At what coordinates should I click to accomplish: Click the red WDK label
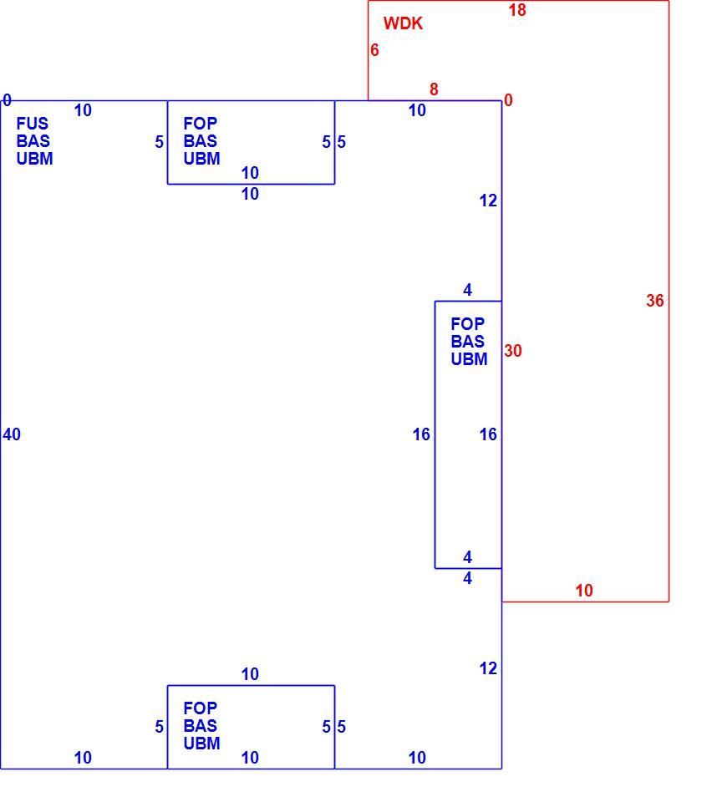(403, 23)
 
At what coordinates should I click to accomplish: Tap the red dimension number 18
(517, 10)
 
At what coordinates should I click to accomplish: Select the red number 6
(374, 50)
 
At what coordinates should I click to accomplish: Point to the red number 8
(434, 89)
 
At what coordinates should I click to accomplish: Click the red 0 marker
(508, 100)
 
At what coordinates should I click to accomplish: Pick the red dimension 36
(654, 301)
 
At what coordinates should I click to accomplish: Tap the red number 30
(513, 351)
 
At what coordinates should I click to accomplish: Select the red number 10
(584, 591)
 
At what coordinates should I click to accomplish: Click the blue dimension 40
(12, 434)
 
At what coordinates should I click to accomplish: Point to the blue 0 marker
(7, 100)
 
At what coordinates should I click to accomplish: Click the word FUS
(33, 124)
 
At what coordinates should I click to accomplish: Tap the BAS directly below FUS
(33, 141)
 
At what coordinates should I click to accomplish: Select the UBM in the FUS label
(35, 159)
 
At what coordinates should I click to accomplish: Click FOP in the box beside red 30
(467, 324)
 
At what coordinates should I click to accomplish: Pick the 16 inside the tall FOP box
(488, 434)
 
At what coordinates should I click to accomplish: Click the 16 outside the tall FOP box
(421, 434)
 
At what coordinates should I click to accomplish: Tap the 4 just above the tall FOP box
(467, 291)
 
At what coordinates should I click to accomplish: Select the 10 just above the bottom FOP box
(250, 675)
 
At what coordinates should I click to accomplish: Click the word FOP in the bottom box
(200, 708)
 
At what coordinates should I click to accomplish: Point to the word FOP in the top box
(200, 124)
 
